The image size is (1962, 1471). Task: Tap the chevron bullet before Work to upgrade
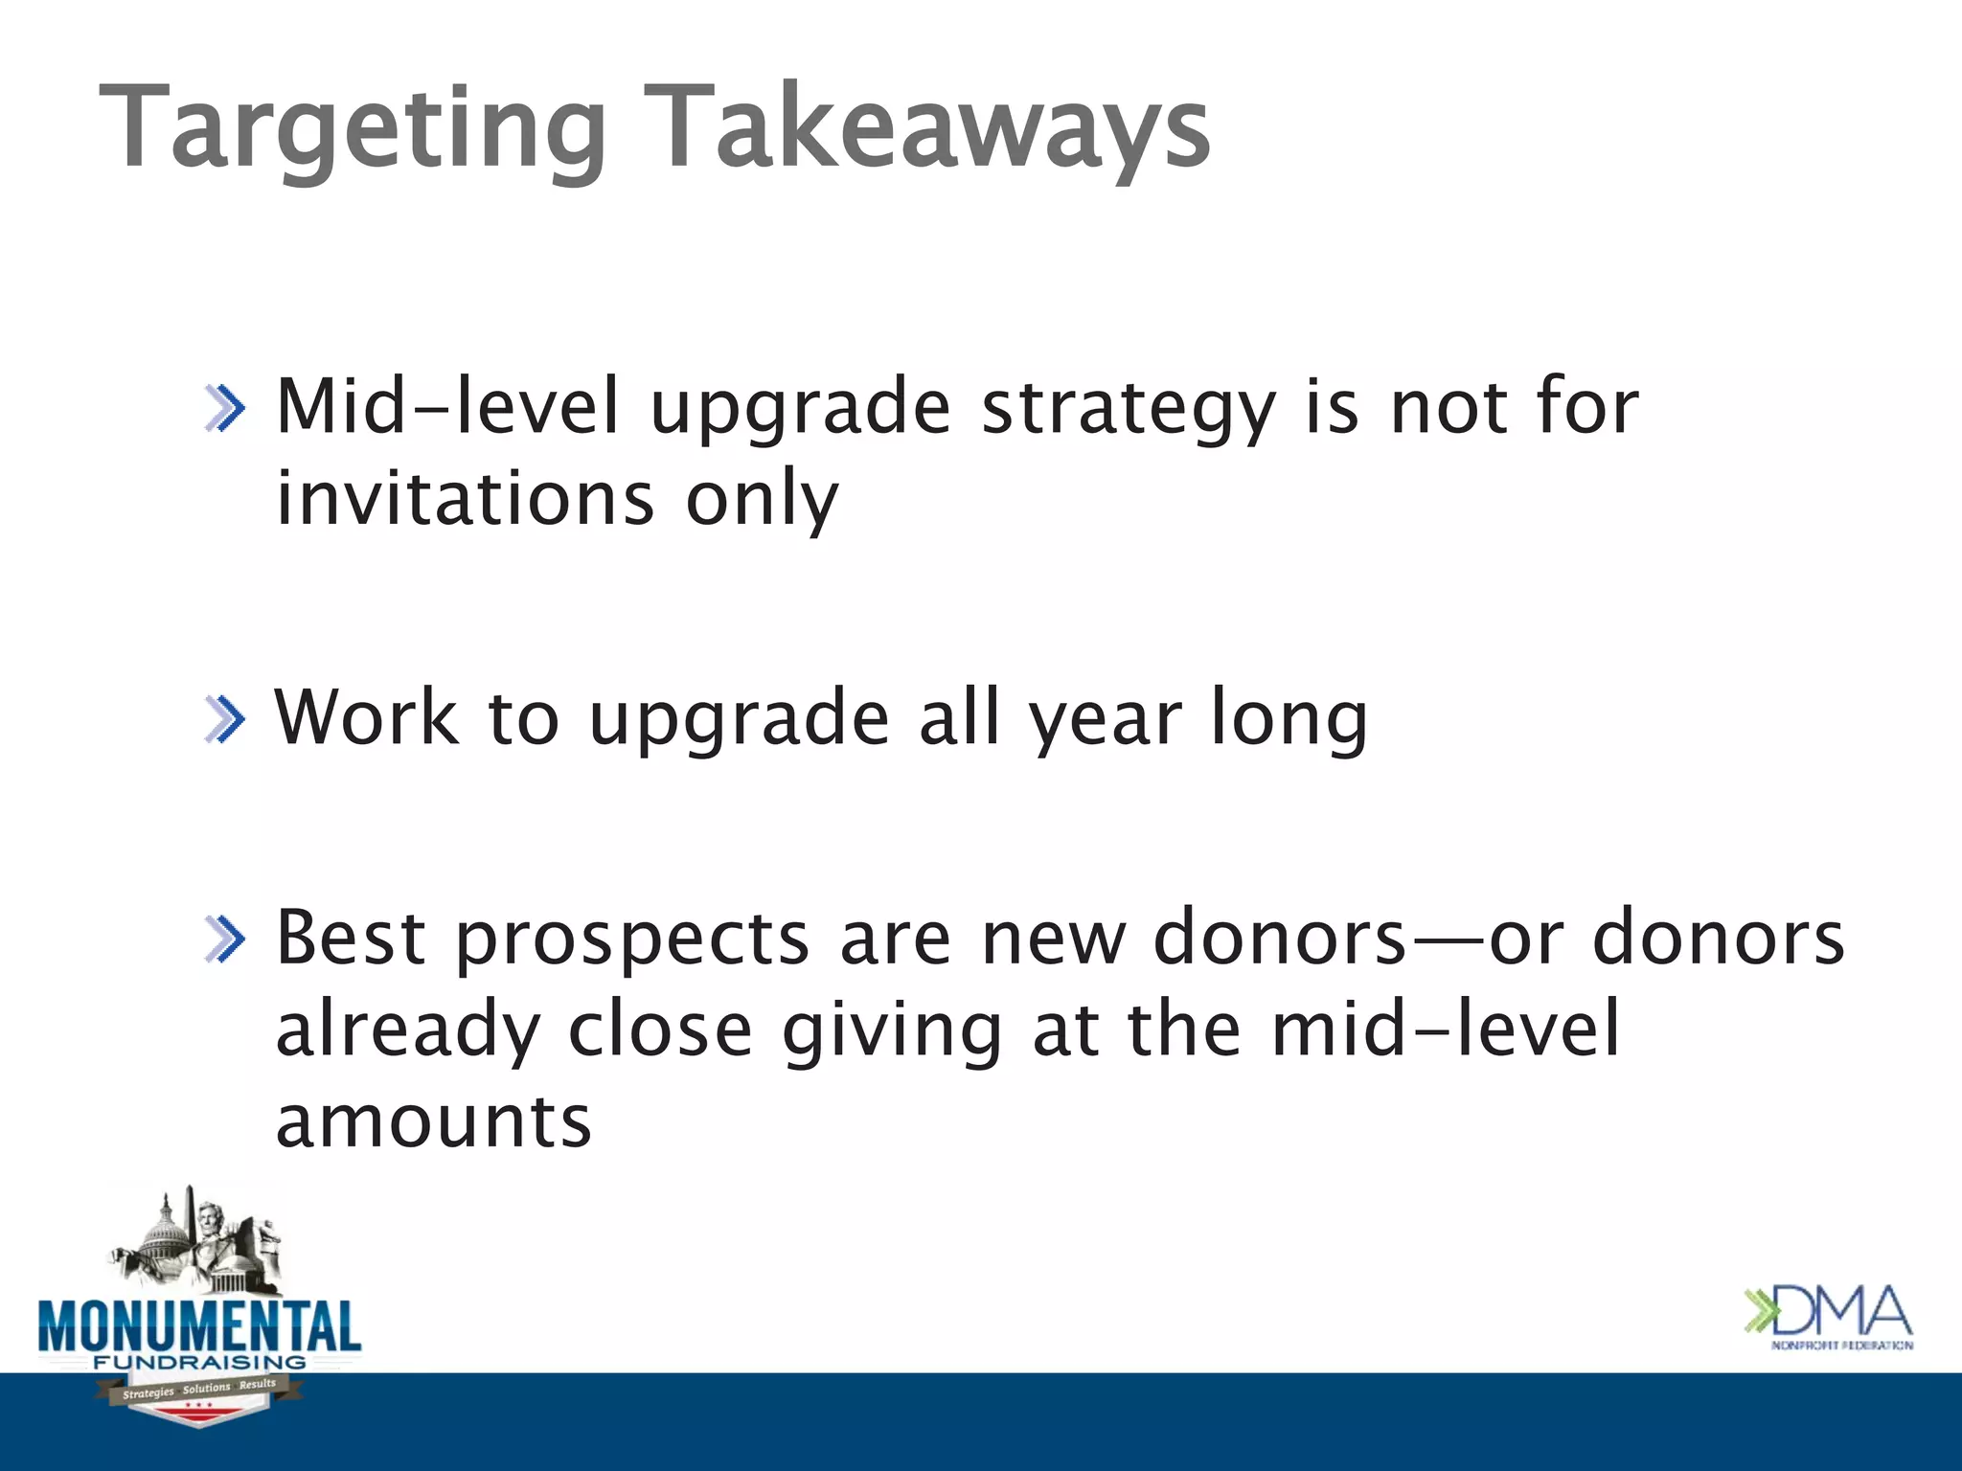[x=225, y=720]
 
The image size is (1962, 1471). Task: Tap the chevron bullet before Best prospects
[x=225, y=939]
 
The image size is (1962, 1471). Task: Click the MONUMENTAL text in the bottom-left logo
[x=199, y=1326]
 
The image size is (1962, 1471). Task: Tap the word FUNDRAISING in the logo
[x=199, y=1362]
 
